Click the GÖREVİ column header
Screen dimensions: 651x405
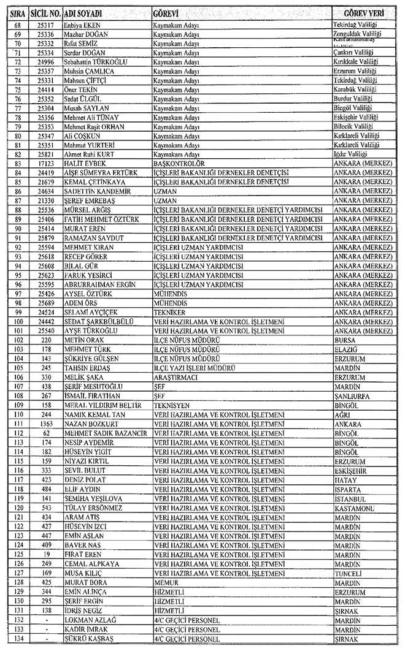tap(166, 13)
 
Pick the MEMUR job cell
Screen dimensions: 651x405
tap(165, 582)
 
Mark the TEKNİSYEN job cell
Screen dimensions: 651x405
tap(171, 405)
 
